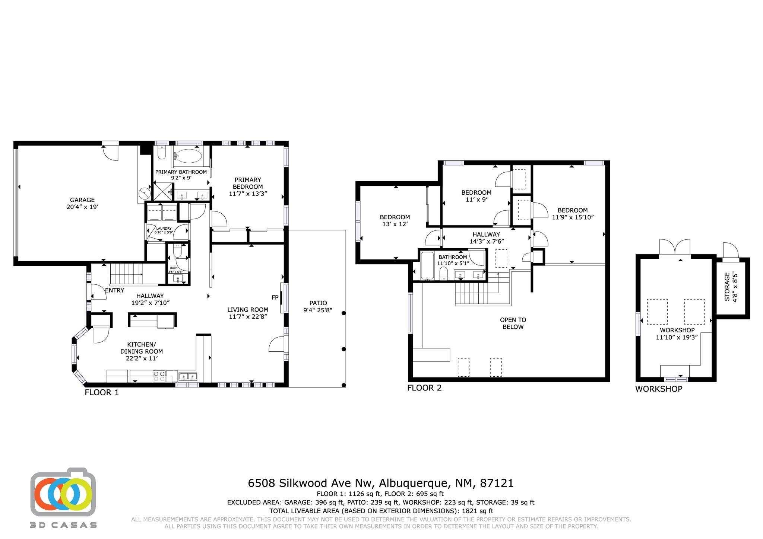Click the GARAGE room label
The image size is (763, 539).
(x=82, y=200)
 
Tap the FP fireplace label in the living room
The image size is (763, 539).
(x=275, y=297)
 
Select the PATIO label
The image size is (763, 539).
(x=318, y=303)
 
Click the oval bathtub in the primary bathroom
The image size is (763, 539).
(x=189, y=156)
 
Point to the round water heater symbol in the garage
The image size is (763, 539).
(x=143, y=193)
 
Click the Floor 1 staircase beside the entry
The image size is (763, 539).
(x=127, y=274)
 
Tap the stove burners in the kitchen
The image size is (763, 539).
(x=159, y=376)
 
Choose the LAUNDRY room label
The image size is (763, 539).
(x=164, y=229)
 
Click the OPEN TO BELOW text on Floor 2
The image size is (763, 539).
(x=513, y=323)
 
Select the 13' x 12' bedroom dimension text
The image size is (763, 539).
(x=395, y=224)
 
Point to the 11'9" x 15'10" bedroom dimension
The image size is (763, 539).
(x=573, y=217)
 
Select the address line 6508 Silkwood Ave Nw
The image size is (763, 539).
(x=310, y=483)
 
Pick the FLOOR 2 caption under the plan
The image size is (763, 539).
(x=424, y=388)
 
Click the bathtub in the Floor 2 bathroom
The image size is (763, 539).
(x=427, y=266)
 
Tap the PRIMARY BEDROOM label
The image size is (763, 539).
(x=248, y=183)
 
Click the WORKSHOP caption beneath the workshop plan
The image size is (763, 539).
(x=659, y=389)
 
